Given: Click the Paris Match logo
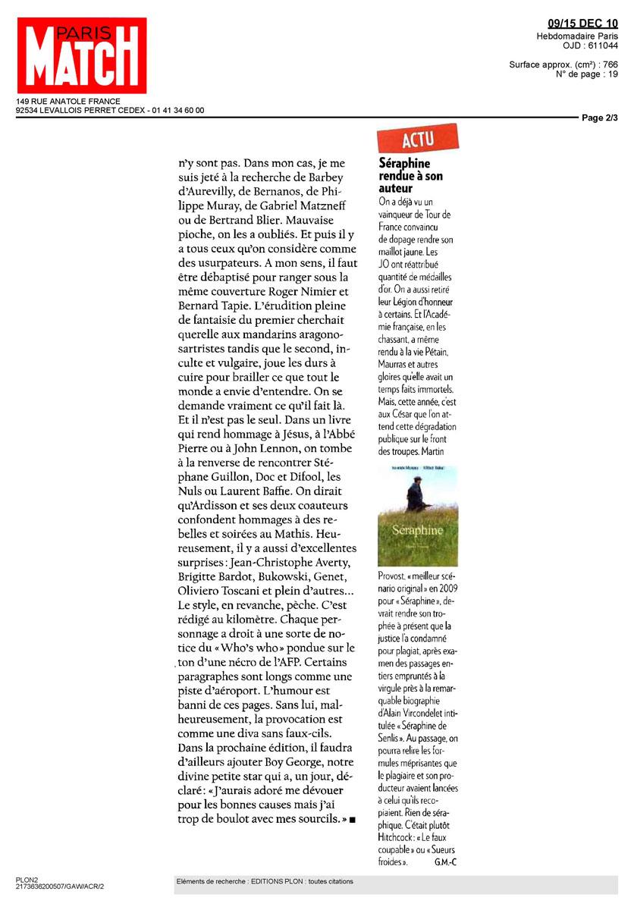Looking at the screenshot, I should [x=82, y=55].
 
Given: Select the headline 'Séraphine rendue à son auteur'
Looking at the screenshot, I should [x=410, y=175].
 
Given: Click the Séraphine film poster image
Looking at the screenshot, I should [x=417, y=516].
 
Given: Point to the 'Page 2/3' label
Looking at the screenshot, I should [x=600, y=118].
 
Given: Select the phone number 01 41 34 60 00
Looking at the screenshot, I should [x=177, y=110].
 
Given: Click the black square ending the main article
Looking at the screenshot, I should [x=353, y=821].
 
